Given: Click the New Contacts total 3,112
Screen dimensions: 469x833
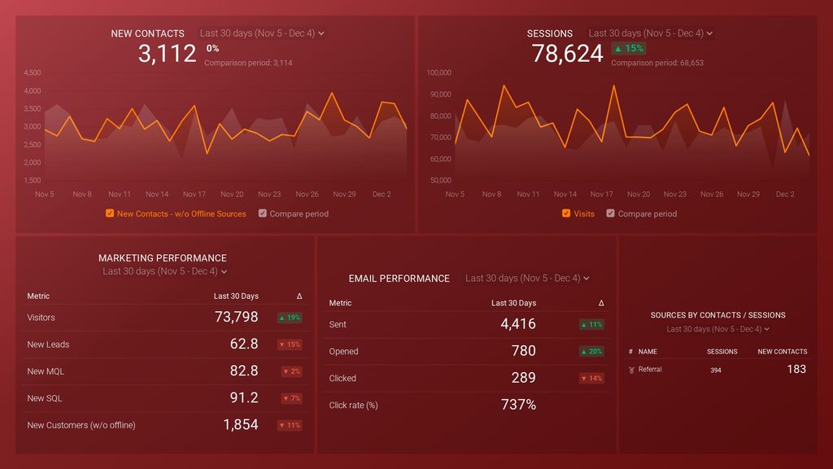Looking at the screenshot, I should [167, 54].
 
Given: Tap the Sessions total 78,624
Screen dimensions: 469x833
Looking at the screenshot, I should [567, 54].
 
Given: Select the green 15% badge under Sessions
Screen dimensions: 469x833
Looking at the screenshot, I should [628, 48].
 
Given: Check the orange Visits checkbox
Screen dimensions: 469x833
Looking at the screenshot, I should [566, 214].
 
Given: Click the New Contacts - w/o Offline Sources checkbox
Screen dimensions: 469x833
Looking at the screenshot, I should [110, 214].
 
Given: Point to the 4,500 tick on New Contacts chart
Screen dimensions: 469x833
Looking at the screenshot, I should [32, 72].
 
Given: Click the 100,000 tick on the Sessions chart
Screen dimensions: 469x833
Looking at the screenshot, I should [438, 72].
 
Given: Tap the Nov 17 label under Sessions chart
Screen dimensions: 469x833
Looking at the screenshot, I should [602, 195].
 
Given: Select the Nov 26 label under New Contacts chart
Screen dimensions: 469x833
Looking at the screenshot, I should [307, 195].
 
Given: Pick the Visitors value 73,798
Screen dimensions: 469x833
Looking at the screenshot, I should [236, 318].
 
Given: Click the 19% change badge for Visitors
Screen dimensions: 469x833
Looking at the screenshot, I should [289, 318].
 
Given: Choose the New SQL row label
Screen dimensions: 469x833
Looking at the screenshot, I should [45, 398].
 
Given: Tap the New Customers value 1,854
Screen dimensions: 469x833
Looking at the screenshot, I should [241, 425].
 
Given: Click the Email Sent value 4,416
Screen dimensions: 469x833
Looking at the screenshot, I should [518, 324].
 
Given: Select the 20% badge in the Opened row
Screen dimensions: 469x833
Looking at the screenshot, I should [591, 352].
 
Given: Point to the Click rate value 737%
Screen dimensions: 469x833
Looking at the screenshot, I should [518, 405].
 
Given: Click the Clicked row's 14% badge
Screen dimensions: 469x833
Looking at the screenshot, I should [591, 379].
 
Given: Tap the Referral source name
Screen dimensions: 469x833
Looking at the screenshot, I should [650, 370].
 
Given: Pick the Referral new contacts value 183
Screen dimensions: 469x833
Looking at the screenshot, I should [796, 370].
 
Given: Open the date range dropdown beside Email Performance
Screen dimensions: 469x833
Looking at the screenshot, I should [527, 278].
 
